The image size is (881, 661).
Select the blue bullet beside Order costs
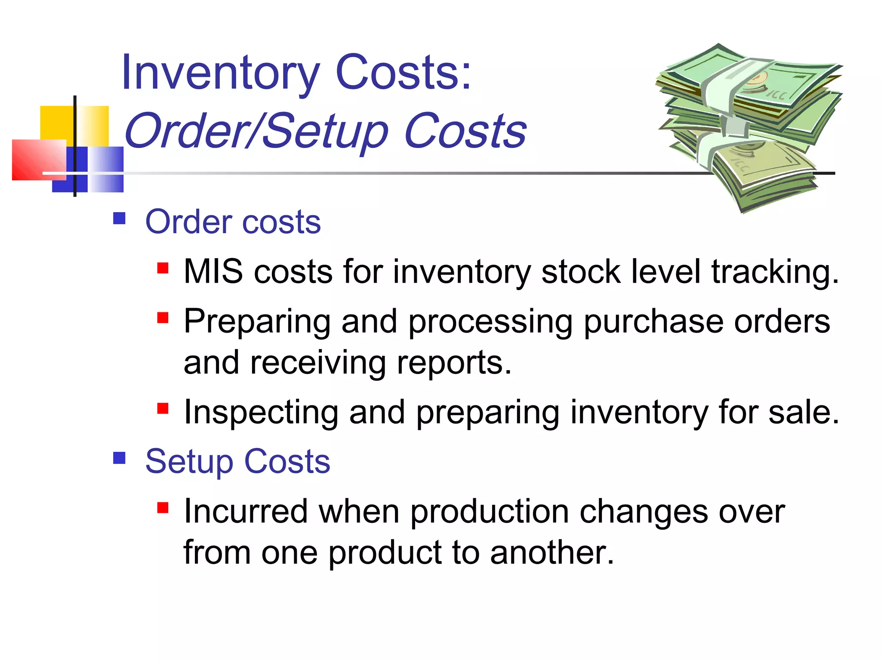click(119, 219)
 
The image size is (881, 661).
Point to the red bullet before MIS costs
click(163, 269)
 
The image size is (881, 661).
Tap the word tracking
click(775, 273)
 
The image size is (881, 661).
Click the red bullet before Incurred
click(163, 508)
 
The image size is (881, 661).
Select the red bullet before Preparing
click(163, 318)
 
